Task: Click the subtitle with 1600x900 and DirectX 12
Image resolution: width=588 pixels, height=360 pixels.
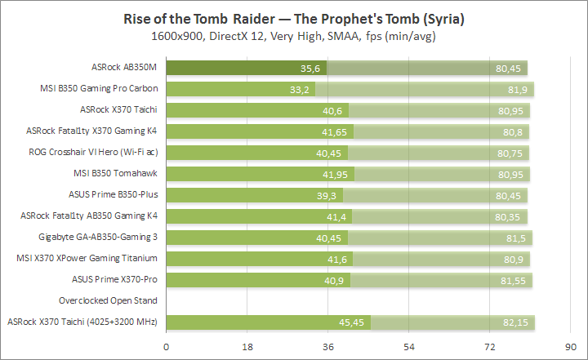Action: click(294, 37)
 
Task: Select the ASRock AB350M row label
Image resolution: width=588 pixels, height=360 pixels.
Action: click(126, 68)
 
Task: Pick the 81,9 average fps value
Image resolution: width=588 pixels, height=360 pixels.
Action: click(519, 90)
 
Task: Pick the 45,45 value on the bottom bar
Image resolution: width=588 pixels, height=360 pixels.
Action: click(355, 322)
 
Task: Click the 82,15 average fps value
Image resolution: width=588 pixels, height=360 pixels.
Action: click(519, 322)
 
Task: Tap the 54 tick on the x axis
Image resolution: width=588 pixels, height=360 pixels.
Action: click(410, 346)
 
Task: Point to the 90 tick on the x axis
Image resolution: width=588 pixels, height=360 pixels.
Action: click(571, 346)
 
